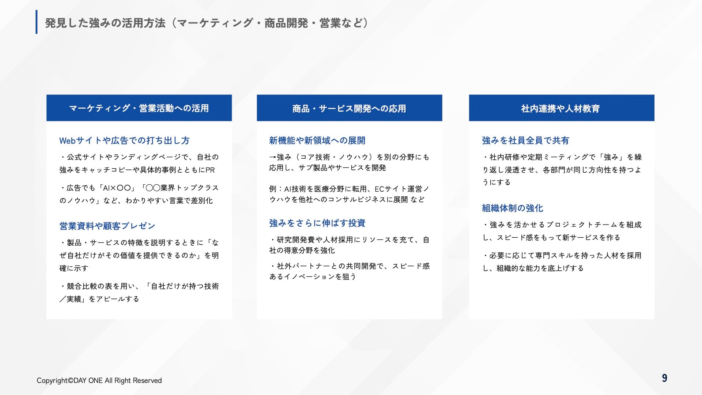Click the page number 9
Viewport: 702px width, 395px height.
(x=664, y=378)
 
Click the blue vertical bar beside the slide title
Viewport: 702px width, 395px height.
(x=37, y=22)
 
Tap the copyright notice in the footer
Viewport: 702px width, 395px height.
(x=99, y=380)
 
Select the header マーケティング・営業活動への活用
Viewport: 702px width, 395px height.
(x=139, y=108)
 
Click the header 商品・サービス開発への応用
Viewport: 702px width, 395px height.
(x=349, y=108)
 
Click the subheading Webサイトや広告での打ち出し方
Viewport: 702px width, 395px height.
(x=124, y=140)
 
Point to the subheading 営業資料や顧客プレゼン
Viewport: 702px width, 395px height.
(x=107, y=226)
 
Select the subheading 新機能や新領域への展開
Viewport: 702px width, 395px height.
(x=317, y=140)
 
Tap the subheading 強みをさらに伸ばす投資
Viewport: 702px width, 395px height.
(x=317, y=223)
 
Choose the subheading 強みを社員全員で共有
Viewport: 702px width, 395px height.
(x=525, y=140)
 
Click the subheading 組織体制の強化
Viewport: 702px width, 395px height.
(x=512, y=208)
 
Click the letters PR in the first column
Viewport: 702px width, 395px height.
(x=210, y=170)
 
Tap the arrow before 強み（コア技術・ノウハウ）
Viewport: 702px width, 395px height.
(x=273, y=157)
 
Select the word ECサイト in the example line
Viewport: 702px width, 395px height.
(x=391, y=189)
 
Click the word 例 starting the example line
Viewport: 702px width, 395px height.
(x=273, y=189)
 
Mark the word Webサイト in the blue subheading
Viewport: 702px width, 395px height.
(x=77, y=140)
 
